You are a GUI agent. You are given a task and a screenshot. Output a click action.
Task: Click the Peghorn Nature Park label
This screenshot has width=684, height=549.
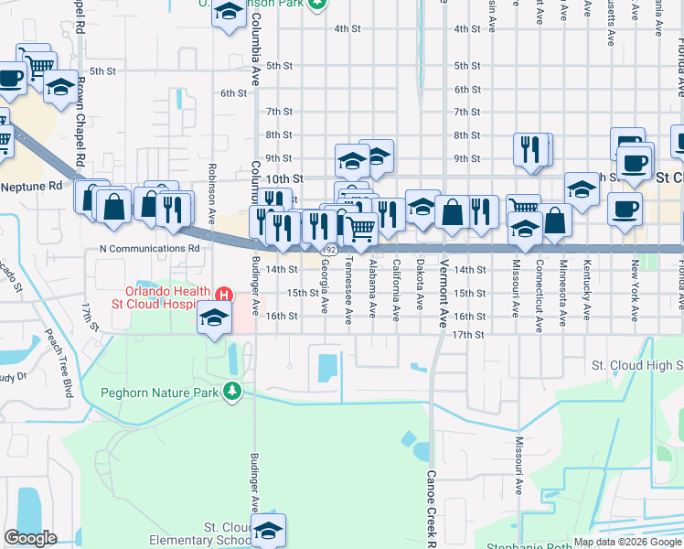159,393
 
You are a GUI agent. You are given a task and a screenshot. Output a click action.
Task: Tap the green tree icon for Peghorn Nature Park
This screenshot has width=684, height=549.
233,392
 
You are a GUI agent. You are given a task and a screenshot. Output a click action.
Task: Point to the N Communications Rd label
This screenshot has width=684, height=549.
148,248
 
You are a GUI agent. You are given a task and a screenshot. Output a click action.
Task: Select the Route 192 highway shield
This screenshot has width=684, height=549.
328,249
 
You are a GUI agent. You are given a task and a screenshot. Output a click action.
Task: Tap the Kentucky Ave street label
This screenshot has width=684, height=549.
586,284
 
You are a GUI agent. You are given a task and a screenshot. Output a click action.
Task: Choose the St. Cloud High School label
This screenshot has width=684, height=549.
636,365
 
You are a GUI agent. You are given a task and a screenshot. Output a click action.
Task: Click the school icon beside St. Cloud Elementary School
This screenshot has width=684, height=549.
269,530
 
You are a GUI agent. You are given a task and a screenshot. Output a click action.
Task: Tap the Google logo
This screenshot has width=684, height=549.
30,538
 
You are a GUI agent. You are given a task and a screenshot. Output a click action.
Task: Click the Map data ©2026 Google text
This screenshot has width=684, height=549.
626,542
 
